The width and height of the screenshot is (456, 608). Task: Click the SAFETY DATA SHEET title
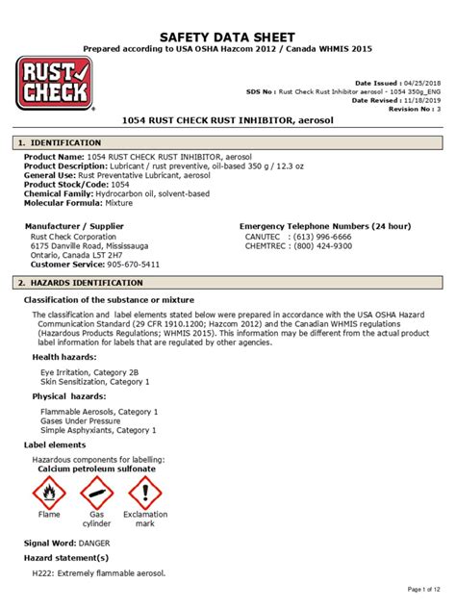pyautogui.click(x=227, y=35)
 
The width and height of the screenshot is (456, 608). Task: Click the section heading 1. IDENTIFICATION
pyautogui.click(x=60, y=142)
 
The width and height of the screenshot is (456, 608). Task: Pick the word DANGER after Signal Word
pyautogui.click(x=102, y=543)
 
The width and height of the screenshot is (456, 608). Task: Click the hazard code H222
pyautogui.click(x=45, y=573)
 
